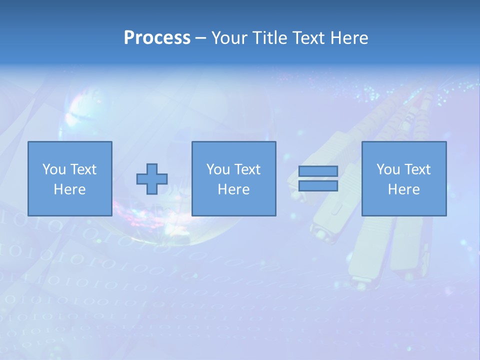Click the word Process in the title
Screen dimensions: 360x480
pyautogui.click(x=157, y=38)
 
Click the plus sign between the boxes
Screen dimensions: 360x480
pyautogui.click(x=152, y=179)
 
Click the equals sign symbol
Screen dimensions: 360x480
pyautogui.click(x=318, y=178)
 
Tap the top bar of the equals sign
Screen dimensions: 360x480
pyautogui.click(x=318, y=171)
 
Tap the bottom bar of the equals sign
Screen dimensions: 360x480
pyautogui.click(x=318, y=186)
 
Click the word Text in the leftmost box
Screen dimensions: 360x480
pyautogui.click(x=83, y=169)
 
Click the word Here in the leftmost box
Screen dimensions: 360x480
pyautogui.click(x=69, y=189)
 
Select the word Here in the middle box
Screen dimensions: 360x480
pyautogui.click(x=233, y=189)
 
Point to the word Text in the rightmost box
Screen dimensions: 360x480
pyautogui.click(x=417, y=169)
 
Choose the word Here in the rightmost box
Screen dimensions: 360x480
pyautogui.click(x=403, y=189)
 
